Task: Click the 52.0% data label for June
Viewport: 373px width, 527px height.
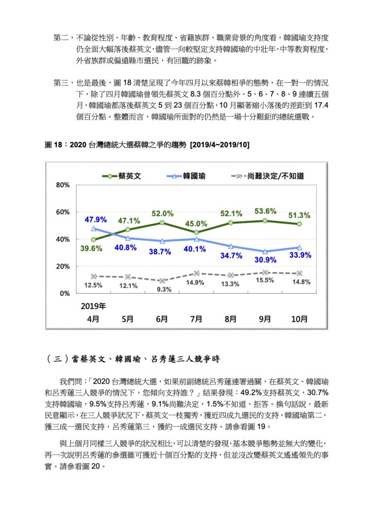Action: (x=162, y=214)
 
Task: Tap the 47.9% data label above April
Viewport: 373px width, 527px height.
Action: (x=95, y=219)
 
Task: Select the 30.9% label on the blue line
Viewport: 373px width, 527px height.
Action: (x=265, y=260)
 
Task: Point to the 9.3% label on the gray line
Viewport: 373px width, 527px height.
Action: (x=164, y=289)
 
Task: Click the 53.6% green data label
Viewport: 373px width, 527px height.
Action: (x=265, y=211)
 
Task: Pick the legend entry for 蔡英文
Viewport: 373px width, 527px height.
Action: (x=122, y=176)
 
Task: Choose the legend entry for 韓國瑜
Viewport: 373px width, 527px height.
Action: (x=186, y=176)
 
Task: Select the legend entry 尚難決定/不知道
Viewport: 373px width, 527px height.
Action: (x=268, y=176)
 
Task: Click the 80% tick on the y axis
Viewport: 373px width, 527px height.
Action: (x=63, y=185)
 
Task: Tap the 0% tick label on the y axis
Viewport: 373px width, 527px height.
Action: (x=65, y=293)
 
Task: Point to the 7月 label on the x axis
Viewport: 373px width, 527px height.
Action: (x=196, y=319)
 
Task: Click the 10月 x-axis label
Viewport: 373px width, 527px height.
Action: (x=299, y=319)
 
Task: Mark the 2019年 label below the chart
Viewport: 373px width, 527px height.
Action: (x=93, y=306)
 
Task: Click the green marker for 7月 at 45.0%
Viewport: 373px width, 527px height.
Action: (x=196, y=233)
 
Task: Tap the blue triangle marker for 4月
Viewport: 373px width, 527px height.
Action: (x=93, y=229)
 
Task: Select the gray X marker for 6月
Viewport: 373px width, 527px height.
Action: (x=162, y=280)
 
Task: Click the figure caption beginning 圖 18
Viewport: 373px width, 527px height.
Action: (x=147, y=145)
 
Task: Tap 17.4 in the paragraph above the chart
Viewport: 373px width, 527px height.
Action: (x=321, y=105)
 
